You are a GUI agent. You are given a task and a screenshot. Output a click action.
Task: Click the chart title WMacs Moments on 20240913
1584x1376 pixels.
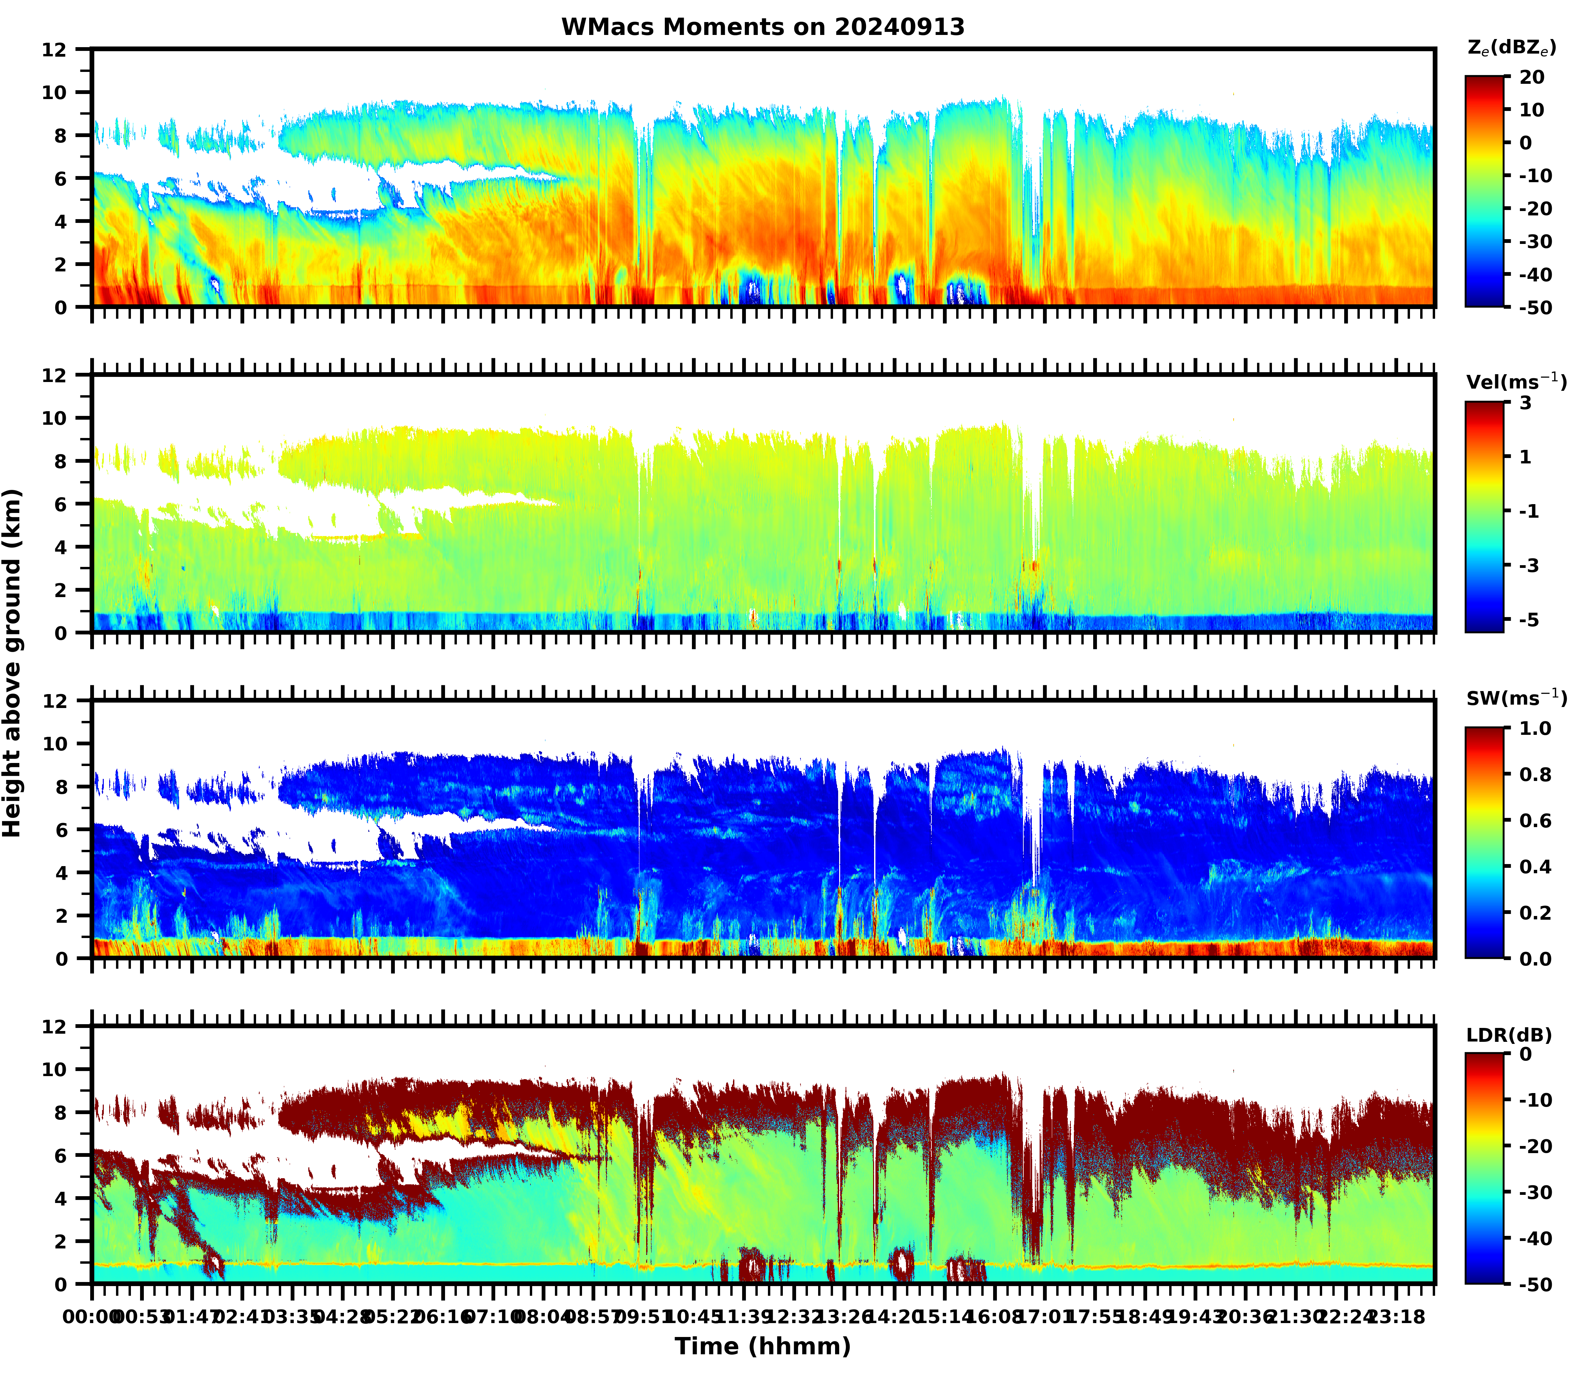762,27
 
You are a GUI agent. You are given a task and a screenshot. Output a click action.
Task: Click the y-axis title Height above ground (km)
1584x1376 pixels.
12,663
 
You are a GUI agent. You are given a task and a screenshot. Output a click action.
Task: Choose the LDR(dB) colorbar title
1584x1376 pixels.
1509,1035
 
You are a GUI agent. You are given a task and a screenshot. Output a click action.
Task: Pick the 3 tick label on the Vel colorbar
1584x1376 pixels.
1526,403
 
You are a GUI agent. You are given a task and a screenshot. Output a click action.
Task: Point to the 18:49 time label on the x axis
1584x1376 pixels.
1143,1317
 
